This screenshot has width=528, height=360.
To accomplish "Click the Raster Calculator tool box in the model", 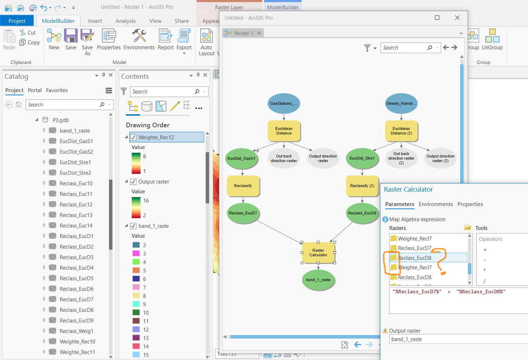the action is (x=318, y=252).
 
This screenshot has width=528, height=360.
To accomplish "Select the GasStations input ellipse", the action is (x=284, y=103).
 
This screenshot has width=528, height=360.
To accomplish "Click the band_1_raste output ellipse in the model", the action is (x=318, y=280).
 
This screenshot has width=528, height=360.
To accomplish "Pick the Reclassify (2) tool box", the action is (x=362, y=186).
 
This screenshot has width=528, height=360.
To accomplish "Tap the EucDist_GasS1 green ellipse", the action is (x=242, y=159).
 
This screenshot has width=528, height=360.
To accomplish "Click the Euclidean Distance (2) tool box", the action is (x=401, y=131).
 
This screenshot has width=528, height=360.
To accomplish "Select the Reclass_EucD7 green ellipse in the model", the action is (x=243, y=213).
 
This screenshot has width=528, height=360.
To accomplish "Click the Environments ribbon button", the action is (x=139, y=40).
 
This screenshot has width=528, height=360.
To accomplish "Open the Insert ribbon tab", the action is (x=95, y=21).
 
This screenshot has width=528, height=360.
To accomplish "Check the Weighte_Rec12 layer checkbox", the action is (x=134, y=137).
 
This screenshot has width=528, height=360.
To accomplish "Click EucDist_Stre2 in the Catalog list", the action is (x=76, y=173).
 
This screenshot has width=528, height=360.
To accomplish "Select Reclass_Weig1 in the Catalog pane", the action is (x=76, y=331).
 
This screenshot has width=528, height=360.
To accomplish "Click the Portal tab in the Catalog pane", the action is (x=35, y=90).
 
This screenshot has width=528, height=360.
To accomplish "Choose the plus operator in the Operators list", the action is (x=485, y=250).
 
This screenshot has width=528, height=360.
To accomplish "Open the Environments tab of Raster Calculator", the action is (x=436, y=204).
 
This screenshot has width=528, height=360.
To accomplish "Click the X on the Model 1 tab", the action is (x=259, y=33).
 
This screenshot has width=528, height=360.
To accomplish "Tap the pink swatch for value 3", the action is (x=136, y=253).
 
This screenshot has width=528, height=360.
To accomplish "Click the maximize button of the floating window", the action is (x=437, y=18).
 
